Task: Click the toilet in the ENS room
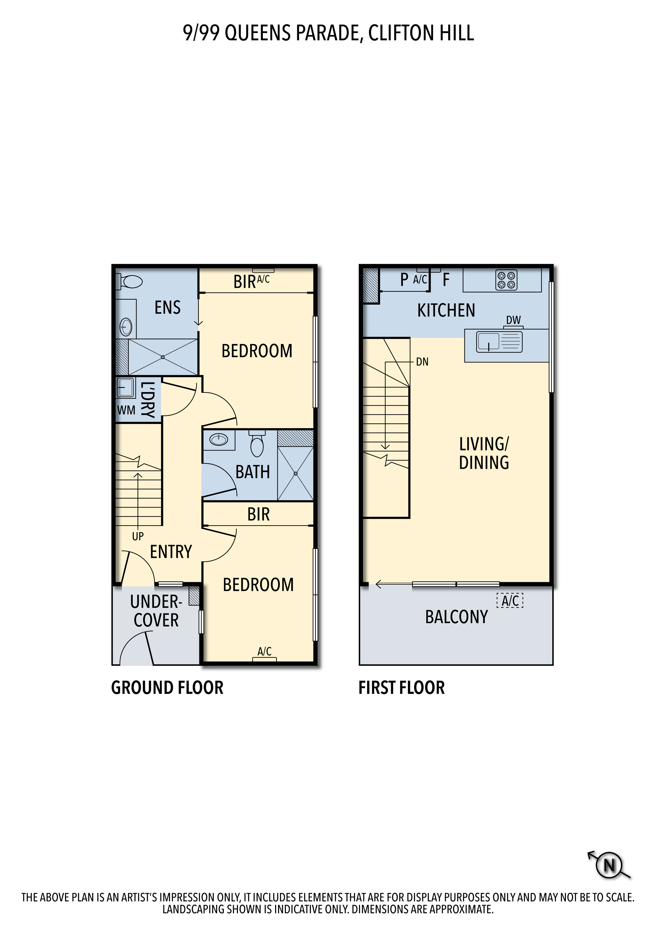point(129,281)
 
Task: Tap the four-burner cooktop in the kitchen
point(507,280)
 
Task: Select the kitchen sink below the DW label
point(499,342)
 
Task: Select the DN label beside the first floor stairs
point(422,362)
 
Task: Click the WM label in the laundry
point(126,410)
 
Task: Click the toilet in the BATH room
point(257,443)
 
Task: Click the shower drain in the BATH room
point(295,473)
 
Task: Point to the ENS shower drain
point(162,357)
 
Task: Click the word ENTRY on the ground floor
point(171,552)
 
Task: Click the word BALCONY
point(457,617)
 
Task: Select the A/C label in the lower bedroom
point(265,651)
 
